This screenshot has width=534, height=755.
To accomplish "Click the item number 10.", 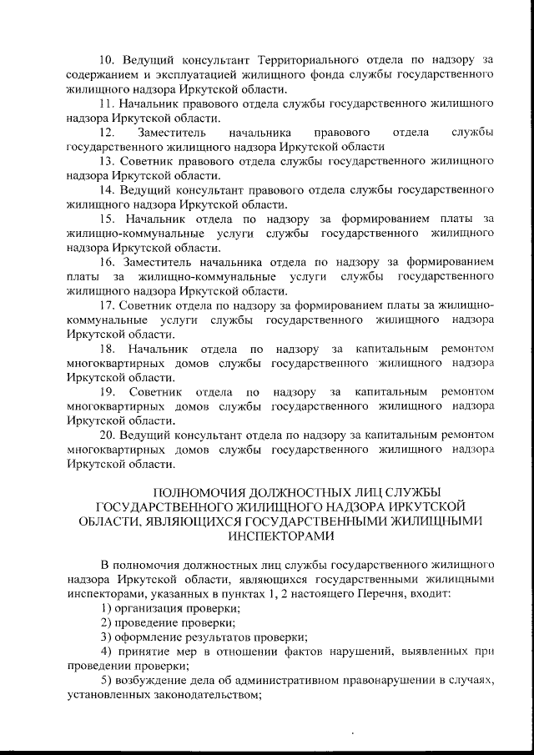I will coord(108,61).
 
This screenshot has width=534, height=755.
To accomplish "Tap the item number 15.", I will coord(108,219).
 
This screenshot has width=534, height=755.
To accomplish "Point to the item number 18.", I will coord(108,348).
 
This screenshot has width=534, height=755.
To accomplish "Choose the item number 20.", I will coord(108,435).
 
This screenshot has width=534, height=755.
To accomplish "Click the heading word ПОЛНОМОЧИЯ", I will coord(204,492).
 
